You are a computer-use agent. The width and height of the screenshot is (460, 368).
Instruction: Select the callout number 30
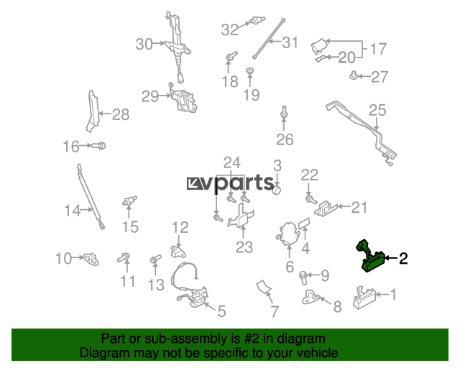[x=144, y=45]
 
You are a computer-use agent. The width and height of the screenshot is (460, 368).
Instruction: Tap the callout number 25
[x=377, y=110]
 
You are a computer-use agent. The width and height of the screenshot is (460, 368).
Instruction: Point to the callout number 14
[x=73, y=211]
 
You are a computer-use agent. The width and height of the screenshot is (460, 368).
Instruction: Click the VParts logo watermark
[x=230, y=184]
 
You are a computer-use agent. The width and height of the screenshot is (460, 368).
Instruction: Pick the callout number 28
[x=120, y=114]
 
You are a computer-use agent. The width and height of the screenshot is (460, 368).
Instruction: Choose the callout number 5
[x=221, y=311]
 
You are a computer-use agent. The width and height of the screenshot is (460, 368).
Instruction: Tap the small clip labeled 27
[x=354, y=75]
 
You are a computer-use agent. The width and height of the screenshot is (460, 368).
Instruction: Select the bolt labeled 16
[x=98, y=147]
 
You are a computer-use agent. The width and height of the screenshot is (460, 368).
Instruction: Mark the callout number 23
[x=244, y=247]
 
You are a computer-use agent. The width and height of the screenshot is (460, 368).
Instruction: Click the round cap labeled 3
[x=276, y=190]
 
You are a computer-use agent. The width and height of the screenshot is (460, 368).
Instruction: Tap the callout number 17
[x=378, y=50]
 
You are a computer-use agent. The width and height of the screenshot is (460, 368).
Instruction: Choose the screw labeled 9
[x=304, y=275]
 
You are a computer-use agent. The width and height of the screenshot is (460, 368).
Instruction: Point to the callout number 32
[x=229, y=30]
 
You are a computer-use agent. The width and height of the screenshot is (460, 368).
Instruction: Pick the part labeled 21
[x=329, y=208]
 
